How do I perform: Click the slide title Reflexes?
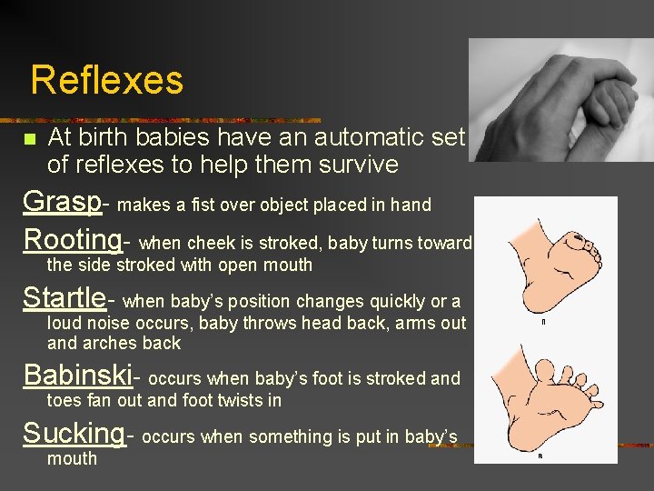(x=106, y=80)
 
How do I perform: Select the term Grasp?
(x=61, y=201)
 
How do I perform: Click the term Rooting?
(x=72, y=239)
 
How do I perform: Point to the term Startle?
(x=64, y=297)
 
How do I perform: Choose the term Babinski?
(x=77, y=374)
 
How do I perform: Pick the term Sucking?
(x=74, y=433)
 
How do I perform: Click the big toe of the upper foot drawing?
(x=576, y=242)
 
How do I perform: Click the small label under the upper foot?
(x=541, y=321)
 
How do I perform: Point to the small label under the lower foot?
(x=540, y=455)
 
